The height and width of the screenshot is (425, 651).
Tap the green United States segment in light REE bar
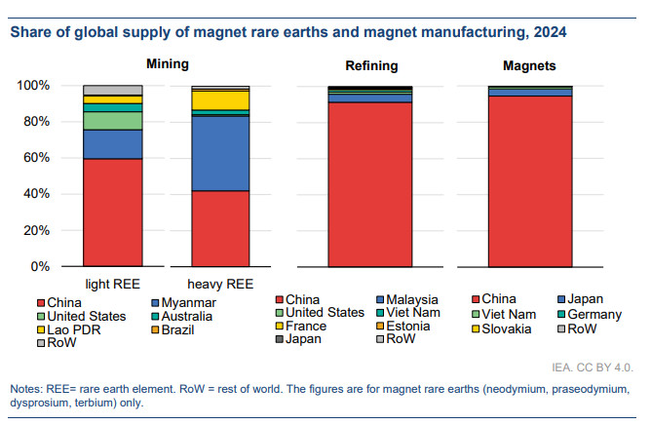113,120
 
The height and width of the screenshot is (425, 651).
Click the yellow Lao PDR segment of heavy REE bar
220,99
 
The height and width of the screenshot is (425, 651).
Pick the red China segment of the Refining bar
369,184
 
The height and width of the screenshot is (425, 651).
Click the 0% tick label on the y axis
41,266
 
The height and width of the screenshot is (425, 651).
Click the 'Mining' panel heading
167,64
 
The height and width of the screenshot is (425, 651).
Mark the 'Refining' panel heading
371,66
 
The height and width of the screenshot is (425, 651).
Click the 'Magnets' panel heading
530,66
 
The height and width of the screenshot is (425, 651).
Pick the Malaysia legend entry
413,299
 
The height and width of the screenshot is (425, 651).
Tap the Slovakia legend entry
509,328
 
